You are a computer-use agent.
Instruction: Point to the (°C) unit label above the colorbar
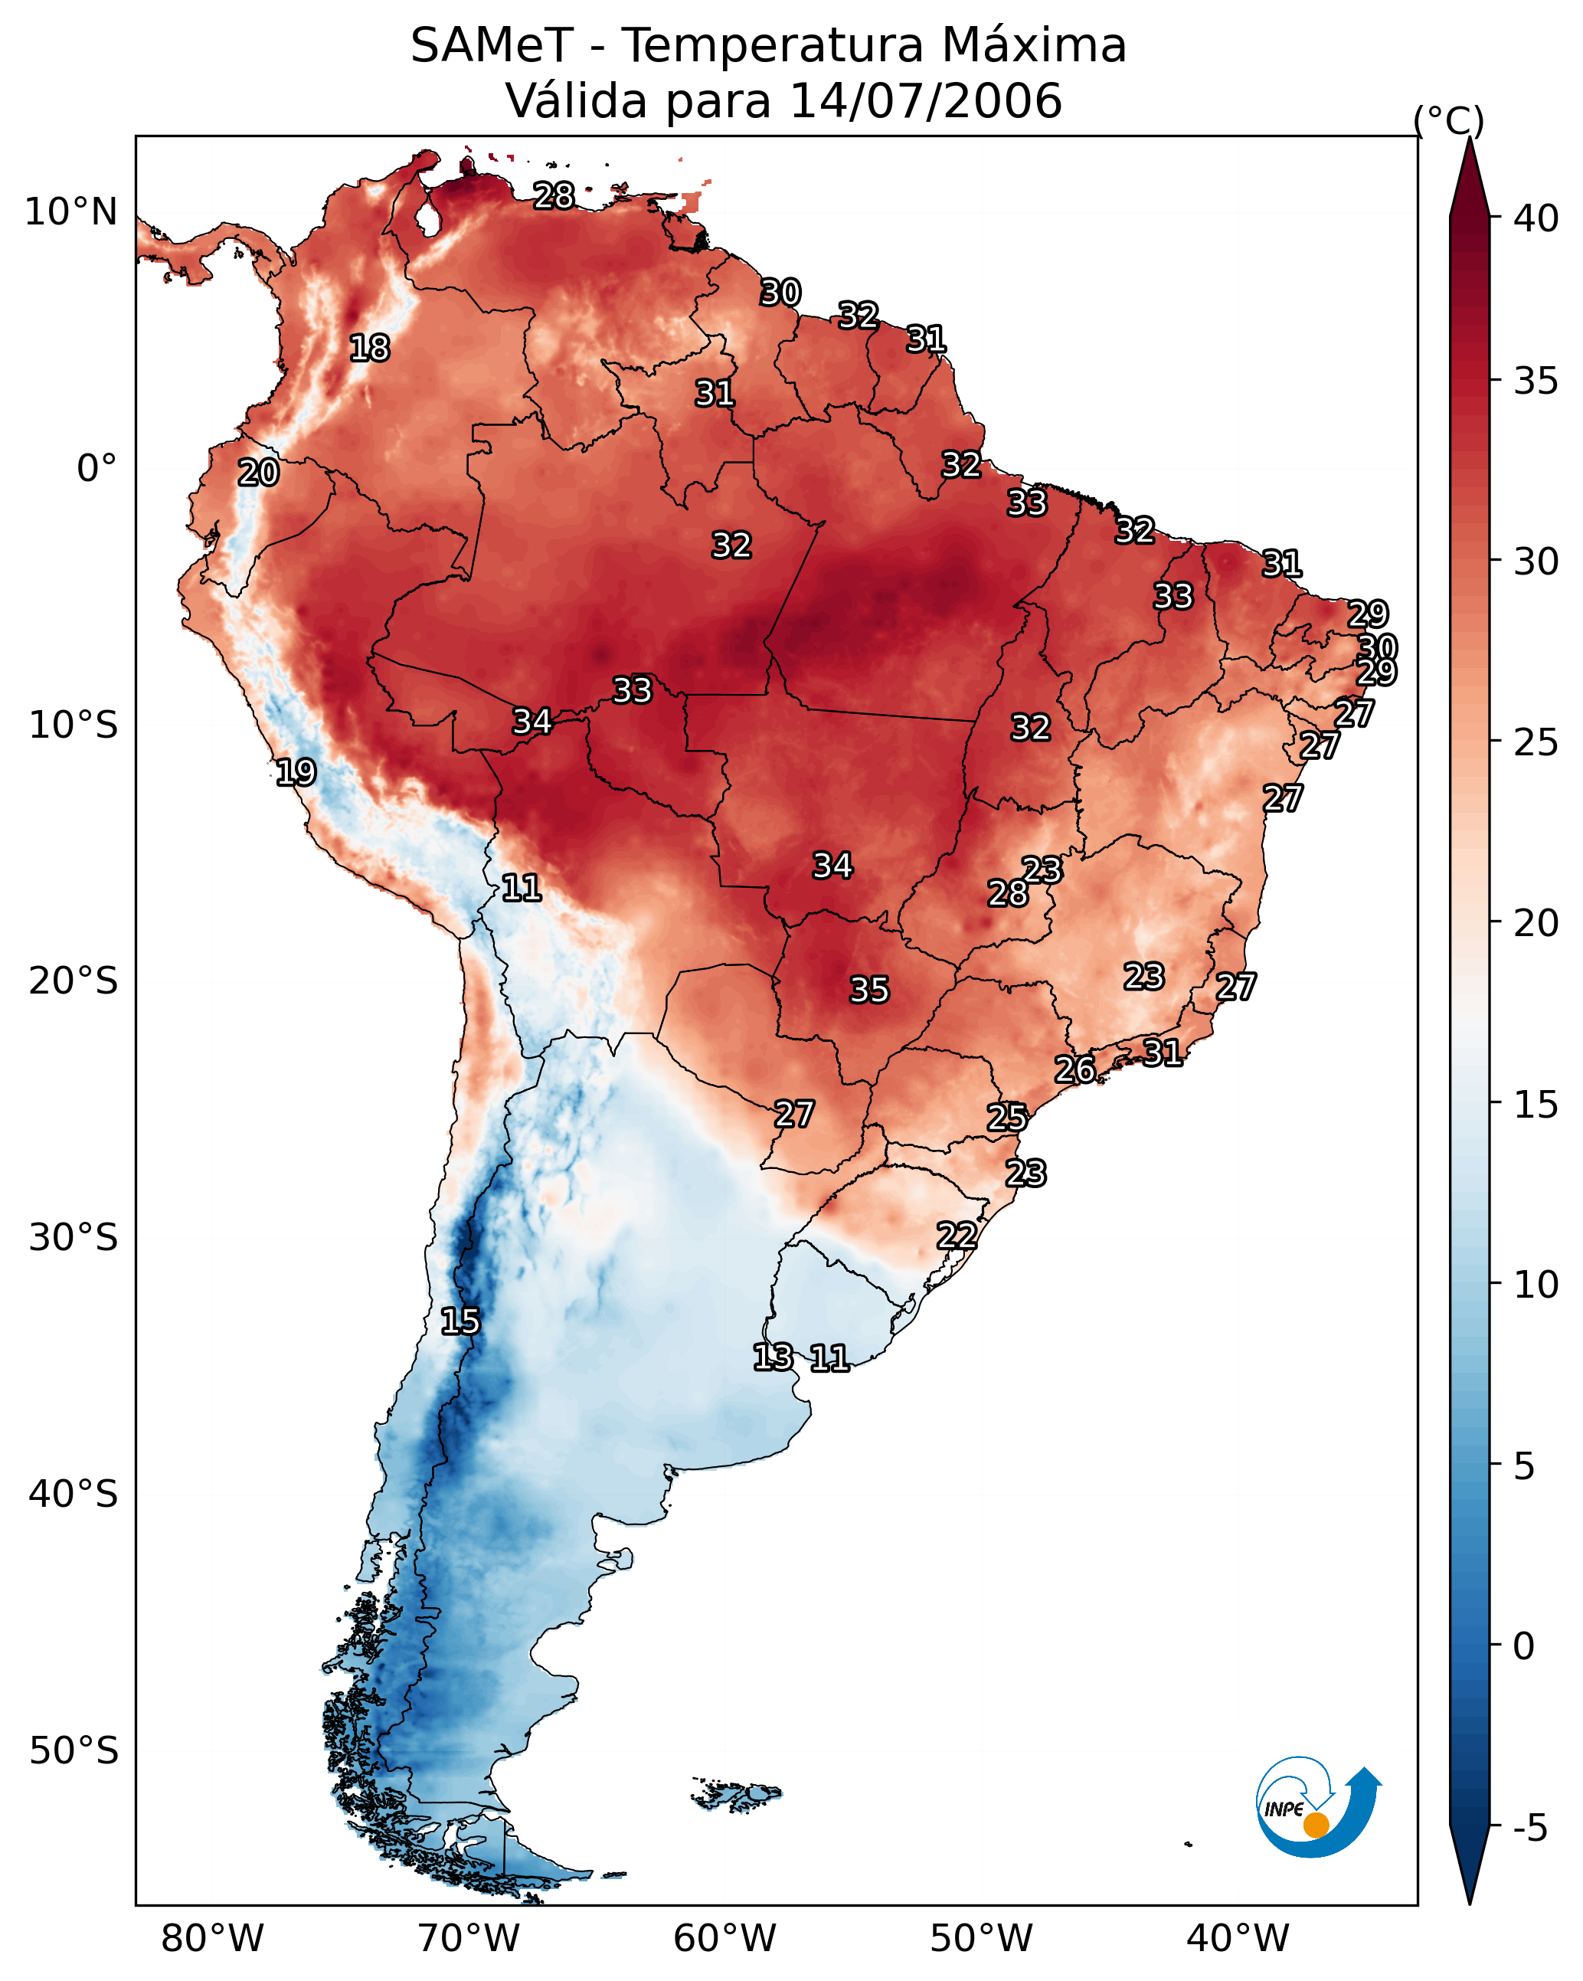point(1448,121)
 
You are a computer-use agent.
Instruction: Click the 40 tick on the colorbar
point(1536,218)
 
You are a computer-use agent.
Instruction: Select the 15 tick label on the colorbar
point(1536,1105)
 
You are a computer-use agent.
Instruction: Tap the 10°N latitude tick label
point(70,212)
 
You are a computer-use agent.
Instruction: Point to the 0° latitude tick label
point(96,469)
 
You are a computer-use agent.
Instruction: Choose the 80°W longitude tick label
point(212,1939)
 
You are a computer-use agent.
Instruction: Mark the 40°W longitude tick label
point(1238,1939)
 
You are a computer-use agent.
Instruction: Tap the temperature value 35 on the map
point(869,990)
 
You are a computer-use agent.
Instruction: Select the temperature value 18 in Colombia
point(369,349)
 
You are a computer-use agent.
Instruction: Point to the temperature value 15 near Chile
point(460,1321)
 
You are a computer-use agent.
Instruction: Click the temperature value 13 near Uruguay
point(773,1357)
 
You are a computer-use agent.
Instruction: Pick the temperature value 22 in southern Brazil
point(957,1235)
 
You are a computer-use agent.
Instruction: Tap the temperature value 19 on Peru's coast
point(296,772)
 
